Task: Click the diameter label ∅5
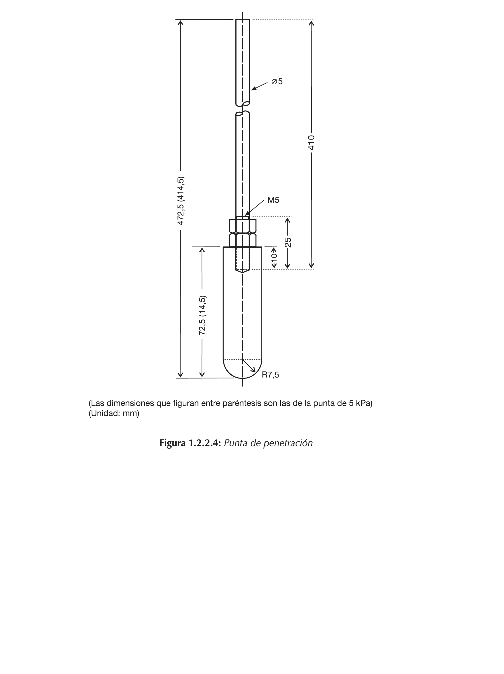[x=277, y=82]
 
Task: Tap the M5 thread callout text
[x=273, y=200]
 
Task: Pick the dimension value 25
[x=288, y=242]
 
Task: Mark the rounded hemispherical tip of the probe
[x=242, y=370]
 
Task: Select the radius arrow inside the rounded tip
[x=249, y=366]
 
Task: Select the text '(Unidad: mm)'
[x=114, y=413]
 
